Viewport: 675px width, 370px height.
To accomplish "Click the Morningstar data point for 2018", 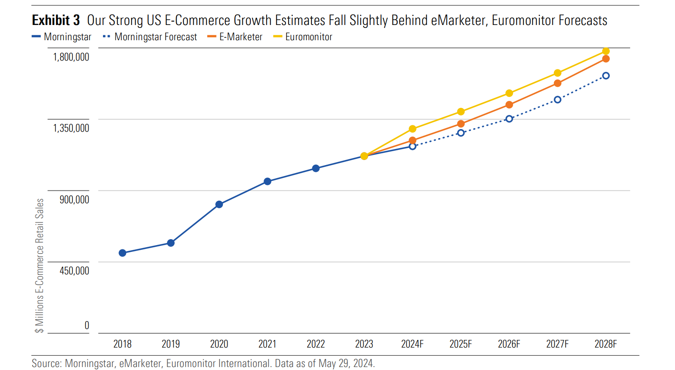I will (x=122, y=253).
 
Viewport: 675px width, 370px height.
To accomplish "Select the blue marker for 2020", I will (x=219, y=204).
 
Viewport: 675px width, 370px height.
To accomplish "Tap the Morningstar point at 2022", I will (x=316, y=168).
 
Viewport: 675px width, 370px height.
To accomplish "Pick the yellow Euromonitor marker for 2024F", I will (x=413, y=129).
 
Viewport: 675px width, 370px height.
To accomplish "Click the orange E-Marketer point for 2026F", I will (x=509, y=105).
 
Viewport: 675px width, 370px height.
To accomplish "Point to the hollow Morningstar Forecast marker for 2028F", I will (x=606, y=76).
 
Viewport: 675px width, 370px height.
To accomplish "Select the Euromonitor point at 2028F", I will (x=606, y=51).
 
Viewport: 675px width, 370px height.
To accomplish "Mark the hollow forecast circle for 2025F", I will (x=461, y=133).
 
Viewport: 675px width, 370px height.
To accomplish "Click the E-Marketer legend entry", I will (x=240, y=37).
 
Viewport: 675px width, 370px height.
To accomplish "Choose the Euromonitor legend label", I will (x=308, y=37).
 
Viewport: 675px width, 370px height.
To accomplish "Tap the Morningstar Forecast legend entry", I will (x=155, y=37).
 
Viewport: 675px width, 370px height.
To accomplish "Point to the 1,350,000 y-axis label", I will (x=71, y=128).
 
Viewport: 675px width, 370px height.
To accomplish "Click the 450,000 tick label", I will (x=74, y=271).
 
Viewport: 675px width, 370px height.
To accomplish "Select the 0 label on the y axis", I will (x=87, y=326).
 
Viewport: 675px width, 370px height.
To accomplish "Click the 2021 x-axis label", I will (x=267, y=344).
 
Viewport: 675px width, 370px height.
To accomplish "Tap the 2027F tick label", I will (x=557, y=344).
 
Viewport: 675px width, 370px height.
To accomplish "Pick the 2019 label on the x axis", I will (x=171, y=344).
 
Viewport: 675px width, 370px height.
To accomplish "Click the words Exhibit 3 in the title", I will (x=56, y=20).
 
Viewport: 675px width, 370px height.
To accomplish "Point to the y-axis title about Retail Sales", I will (x=39, y=265).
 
